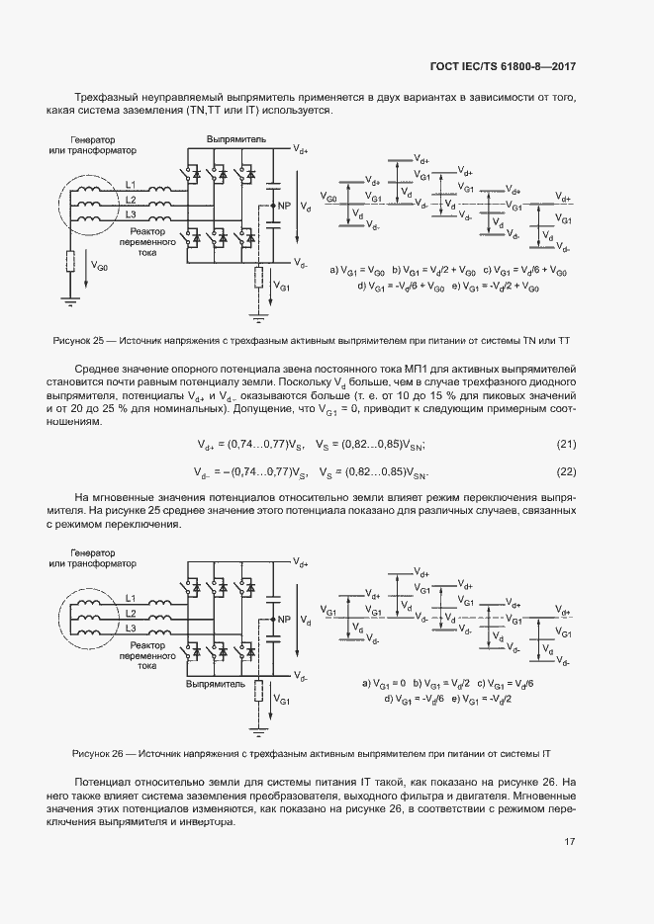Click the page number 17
[x=570, y=842]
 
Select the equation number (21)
[x=566, y=444]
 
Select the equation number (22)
[x=566, y=471]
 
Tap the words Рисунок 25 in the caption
[x=79, y=341]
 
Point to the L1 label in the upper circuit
[x=131, y=185]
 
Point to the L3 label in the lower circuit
[x=131, y=628]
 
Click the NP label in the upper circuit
[x=284, y=206]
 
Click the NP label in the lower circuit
[x=284, y=620]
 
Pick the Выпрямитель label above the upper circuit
[x=235, y=140]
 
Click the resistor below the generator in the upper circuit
[x=70, y=261]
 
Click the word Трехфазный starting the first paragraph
[x=106, y=98]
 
